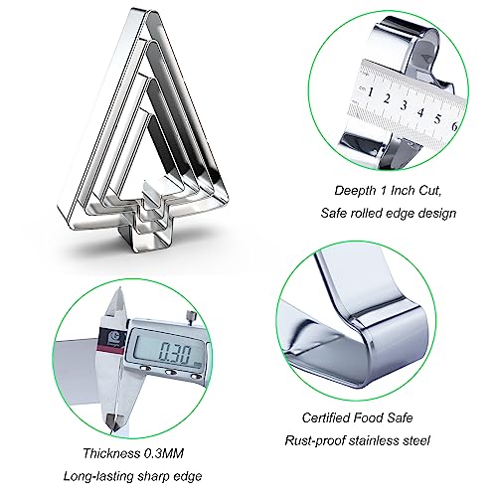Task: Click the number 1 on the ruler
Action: click(x=371, y=91)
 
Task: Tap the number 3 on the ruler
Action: click(x=404, y=105)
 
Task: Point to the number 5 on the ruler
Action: click(x=438, y=118)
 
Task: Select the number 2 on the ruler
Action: click(x=387, y=98)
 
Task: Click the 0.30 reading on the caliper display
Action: click(x=175, y=354)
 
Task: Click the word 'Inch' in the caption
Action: click(x=403, y=190)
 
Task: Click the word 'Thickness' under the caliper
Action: click(x=111, y=453)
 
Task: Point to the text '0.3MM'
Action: click(x=164, y=453)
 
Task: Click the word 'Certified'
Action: click(x=326, y=417)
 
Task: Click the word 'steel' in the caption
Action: click(x=416, y=440)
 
